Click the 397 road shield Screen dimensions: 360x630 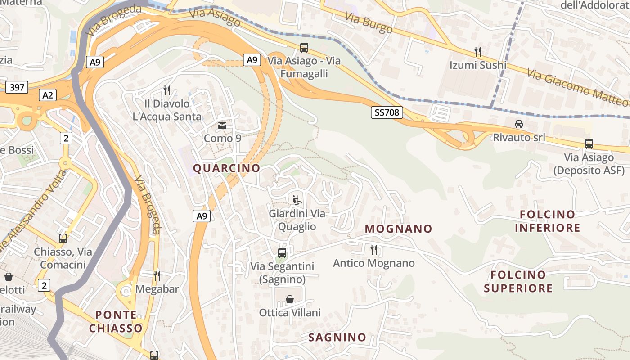[x=17, y=87]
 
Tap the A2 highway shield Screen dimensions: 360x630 [x=48, y=95]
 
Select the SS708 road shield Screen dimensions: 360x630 [x=387, y=112]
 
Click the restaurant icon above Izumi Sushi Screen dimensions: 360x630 [x=478, y=52]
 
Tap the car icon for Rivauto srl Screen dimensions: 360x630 [x=518, y=124]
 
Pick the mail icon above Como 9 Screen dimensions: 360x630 [x=222, y=125]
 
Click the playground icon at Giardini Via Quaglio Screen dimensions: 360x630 [x=297, y=200]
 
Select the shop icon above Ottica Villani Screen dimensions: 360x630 [x=290, y=299]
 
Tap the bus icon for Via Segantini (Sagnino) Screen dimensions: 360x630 [x=282, y=253]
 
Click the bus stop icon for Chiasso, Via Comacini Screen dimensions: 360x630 [x=63, y=238]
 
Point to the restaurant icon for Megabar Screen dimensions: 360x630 [x=157, y=275]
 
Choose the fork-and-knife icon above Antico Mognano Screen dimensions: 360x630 [x=373, y=249]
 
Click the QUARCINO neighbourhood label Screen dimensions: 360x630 [x=226, y=168]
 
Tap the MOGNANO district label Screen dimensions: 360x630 [x=398, y=229]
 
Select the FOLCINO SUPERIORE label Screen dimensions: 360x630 [x=518, y=281]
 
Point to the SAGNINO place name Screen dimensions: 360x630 [x=337, y=337]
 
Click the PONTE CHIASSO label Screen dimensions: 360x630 [x=116, y=321]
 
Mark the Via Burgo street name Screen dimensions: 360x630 [x=369, y=23]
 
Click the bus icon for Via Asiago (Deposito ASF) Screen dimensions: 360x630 [x=589, y=144]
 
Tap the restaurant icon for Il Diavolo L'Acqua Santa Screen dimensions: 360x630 [x=167, y=90]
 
